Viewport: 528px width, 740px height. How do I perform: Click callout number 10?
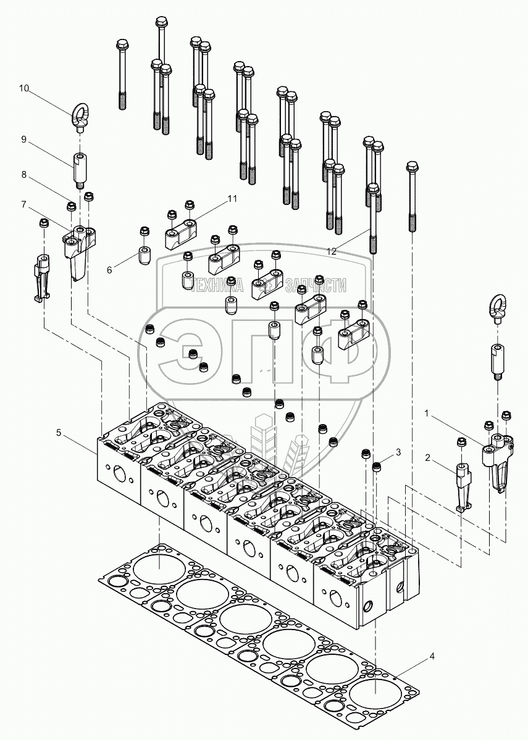click(23, 88)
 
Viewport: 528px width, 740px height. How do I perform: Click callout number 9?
click(23, 139)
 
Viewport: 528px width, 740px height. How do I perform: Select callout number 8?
click(23, 175)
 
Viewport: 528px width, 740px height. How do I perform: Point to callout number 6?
click(109, 270)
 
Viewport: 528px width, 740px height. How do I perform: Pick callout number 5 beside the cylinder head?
click(59, 432)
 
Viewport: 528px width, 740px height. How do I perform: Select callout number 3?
click(398, 452)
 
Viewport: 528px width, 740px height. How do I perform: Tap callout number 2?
click(427, 457)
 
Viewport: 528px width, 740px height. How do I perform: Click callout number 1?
click(427, 414)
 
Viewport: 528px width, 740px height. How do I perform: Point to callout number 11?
click(232, 199)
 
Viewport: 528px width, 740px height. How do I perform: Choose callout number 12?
click(332, 252)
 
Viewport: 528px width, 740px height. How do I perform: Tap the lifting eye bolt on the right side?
click(498, 309)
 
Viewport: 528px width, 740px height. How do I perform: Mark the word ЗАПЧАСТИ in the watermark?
click(314, 285)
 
